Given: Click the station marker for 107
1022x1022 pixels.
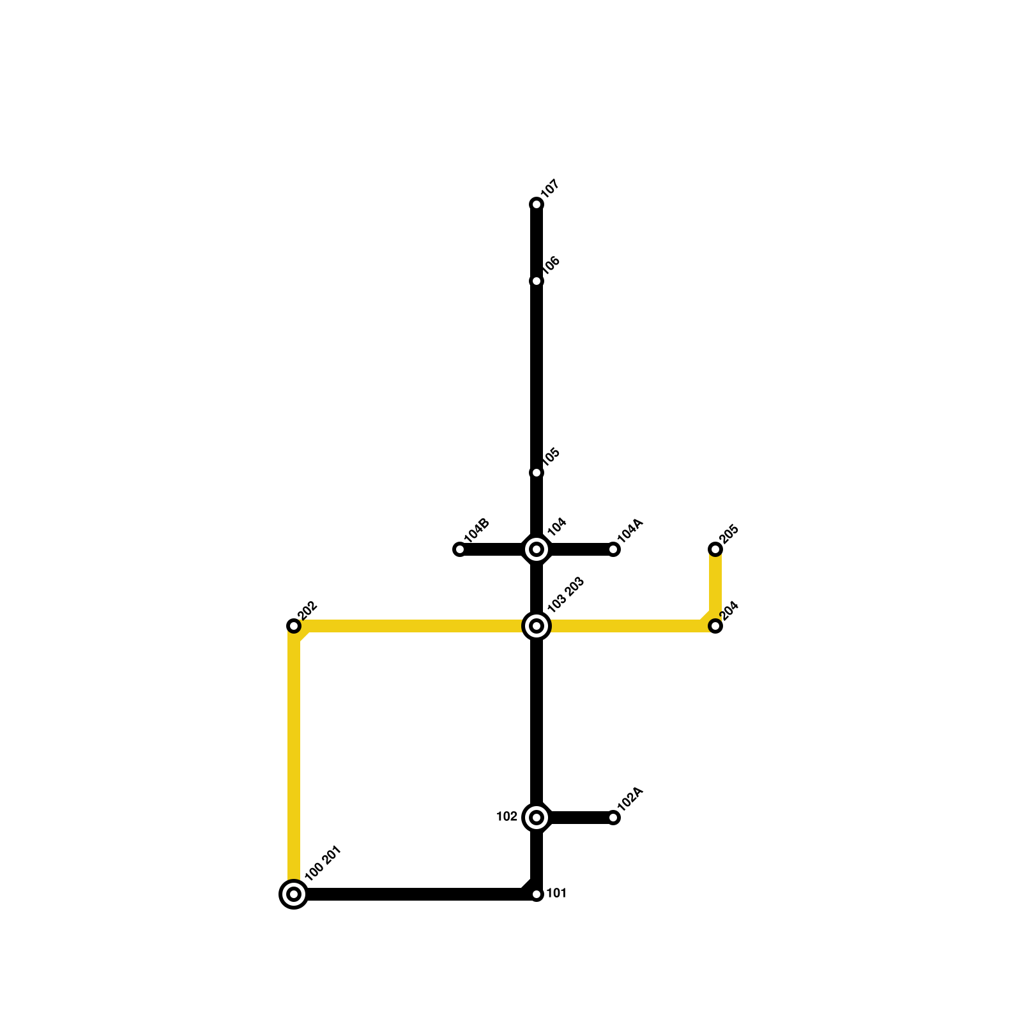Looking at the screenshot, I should click(537, 204).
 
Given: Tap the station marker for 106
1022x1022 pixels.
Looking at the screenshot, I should click(537, 281).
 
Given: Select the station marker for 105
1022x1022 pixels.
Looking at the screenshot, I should click(537, 473).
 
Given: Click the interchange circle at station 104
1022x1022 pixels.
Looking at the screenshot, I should click(537, 549).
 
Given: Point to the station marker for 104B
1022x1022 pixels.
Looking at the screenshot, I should click(459, 549).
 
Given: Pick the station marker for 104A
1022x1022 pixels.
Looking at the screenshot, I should click(613, 549).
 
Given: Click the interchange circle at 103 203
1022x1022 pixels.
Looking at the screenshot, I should click(537, 626).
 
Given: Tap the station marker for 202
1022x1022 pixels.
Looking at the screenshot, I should click(294, 626).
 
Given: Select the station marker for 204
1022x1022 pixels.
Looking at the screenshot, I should click(715, 626).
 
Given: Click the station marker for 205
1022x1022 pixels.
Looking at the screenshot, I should click(715, 549).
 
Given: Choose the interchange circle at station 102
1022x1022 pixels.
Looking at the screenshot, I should click(537, 818).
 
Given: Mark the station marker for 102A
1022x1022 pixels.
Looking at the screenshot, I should click(613, 818).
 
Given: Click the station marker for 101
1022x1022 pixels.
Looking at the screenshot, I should click(537, 894).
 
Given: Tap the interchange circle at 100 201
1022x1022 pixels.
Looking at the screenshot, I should click(294, 894).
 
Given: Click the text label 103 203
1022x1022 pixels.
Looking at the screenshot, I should click(566, 595).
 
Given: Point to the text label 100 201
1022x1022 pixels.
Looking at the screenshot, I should click(323, 864).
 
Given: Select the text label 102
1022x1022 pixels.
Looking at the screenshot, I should click(507, 817).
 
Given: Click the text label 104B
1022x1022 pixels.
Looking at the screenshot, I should click(477, 530).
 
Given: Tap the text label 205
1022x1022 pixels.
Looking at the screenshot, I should click(729, 535).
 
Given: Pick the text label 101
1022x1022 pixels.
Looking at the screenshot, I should click(556, 894).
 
